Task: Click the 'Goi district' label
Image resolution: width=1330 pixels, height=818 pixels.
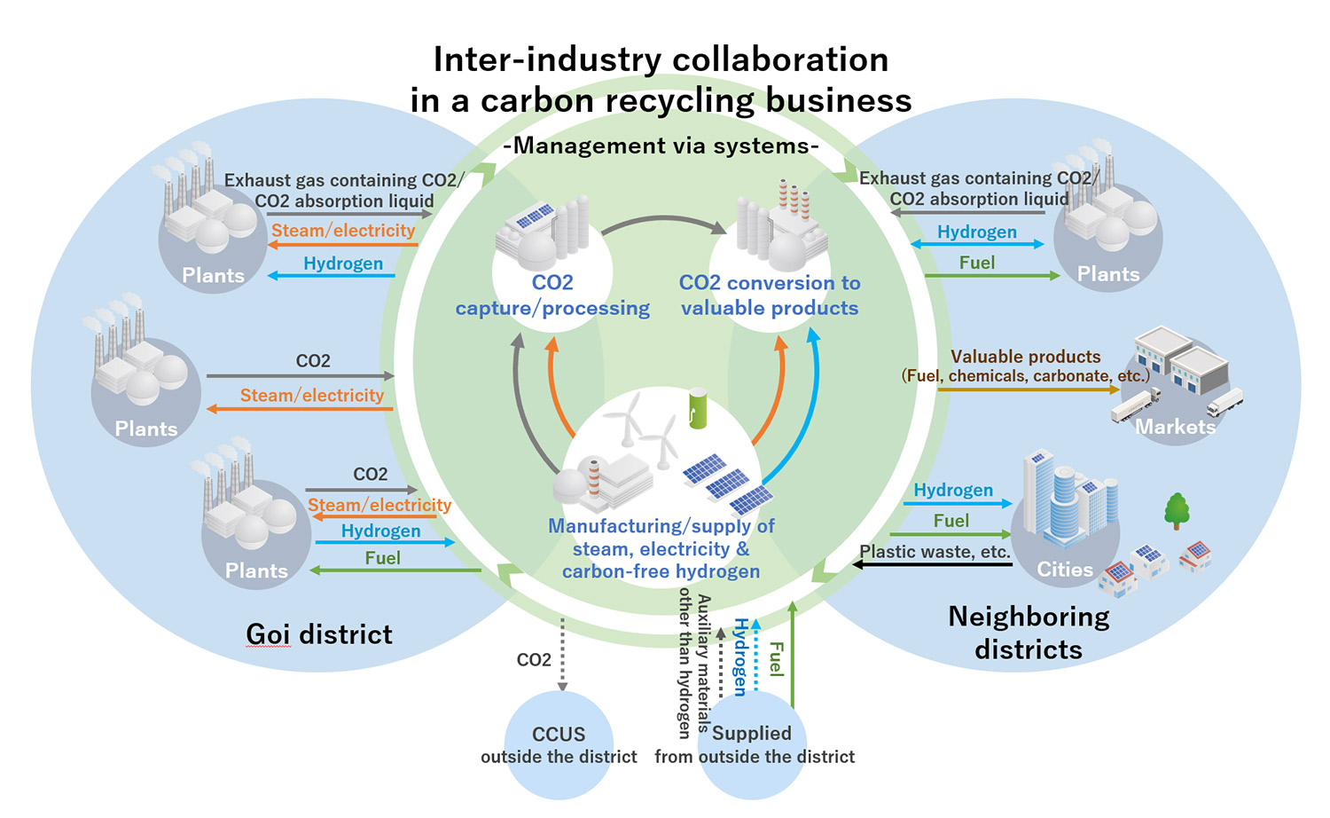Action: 319,634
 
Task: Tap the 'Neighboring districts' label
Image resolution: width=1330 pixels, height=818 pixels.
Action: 1029,633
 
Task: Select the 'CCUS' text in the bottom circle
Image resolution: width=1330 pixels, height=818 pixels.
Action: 559,735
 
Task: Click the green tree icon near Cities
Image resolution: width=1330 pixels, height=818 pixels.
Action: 1177,511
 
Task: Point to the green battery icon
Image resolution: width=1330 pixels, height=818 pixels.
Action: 699,408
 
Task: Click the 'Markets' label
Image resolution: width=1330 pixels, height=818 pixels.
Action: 1176,427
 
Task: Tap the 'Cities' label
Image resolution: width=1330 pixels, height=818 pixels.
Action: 1065,570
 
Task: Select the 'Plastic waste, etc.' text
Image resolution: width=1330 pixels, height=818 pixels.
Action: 935,551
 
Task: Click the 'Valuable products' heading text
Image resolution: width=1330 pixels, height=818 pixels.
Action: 1025,357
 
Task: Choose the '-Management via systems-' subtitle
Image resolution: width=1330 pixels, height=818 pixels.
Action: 661,146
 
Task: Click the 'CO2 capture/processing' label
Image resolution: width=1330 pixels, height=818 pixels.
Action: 552,295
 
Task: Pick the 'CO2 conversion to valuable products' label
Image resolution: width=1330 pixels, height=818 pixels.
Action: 770,295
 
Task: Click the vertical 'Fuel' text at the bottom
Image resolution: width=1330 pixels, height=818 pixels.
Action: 777,658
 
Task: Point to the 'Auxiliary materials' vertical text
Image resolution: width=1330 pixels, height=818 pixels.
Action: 704,662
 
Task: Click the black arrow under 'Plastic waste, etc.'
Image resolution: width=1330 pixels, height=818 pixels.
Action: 931,565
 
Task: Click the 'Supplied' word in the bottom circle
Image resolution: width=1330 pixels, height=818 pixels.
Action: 751,733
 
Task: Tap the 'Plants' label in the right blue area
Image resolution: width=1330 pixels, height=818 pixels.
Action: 1108,274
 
